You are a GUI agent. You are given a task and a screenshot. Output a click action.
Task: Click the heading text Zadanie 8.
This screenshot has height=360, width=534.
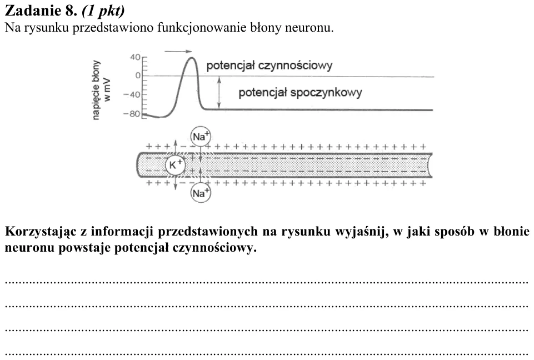(41, 11)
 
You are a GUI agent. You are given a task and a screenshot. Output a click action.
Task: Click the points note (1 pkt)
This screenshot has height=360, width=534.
(103, 11)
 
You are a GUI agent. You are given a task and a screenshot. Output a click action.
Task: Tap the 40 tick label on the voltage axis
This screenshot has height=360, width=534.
(135, 57)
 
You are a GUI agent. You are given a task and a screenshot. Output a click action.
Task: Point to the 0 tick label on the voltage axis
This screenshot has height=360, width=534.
(138, 76)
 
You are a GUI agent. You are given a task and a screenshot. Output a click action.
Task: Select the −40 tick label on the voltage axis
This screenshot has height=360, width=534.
(132, 94)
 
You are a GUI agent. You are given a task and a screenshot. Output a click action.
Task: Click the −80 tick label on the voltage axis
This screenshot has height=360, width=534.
(132, 114)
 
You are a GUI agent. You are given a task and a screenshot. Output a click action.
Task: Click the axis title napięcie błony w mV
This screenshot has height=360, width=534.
(101, 90)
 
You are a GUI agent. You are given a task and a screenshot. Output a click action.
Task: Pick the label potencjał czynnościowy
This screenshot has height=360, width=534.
(269, 66)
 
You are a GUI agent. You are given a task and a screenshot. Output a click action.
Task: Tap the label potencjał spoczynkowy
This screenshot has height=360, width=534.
(300, 93)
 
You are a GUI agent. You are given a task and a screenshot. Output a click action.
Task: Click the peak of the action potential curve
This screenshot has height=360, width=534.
(192, 58)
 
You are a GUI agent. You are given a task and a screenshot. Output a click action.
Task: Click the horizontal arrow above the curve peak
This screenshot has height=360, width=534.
(178, 52)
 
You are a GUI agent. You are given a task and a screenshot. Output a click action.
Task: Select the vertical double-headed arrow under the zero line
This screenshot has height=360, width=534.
(219, 93)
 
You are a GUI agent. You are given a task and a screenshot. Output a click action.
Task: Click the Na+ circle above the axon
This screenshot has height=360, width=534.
(201, 137)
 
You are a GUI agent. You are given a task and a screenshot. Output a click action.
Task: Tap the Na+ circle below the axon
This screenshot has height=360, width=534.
(201, 193)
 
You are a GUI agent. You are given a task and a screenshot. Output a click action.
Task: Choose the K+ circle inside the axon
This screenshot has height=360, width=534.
(176, 165)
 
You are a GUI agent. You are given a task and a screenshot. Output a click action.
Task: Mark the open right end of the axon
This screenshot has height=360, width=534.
(430, 166)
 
